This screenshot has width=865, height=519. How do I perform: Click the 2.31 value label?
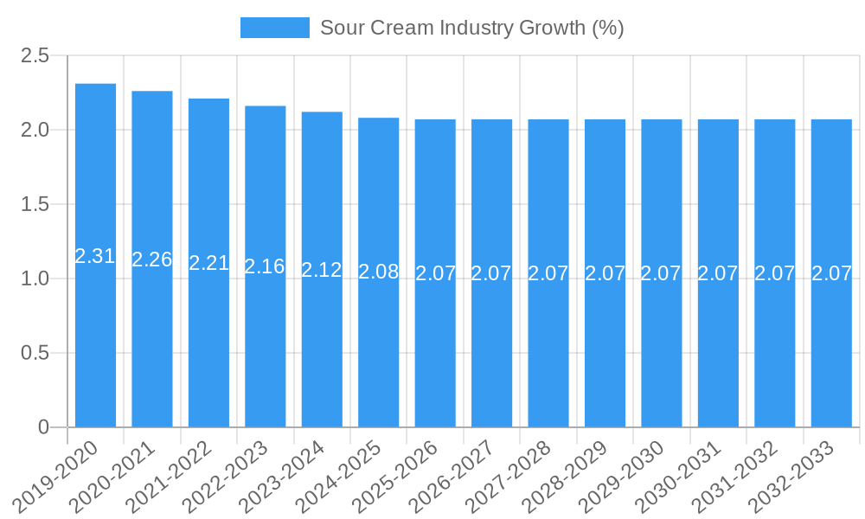[95, 256]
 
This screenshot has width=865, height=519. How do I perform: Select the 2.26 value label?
[152, 259]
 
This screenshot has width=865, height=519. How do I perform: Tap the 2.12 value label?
[322, 270]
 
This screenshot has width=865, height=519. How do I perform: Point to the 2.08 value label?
[379, 272]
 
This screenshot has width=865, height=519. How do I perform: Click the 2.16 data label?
[265, 266]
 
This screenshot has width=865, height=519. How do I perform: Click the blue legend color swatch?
[274, 28]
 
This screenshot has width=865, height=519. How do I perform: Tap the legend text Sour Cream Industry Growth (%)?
[471, 28]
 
